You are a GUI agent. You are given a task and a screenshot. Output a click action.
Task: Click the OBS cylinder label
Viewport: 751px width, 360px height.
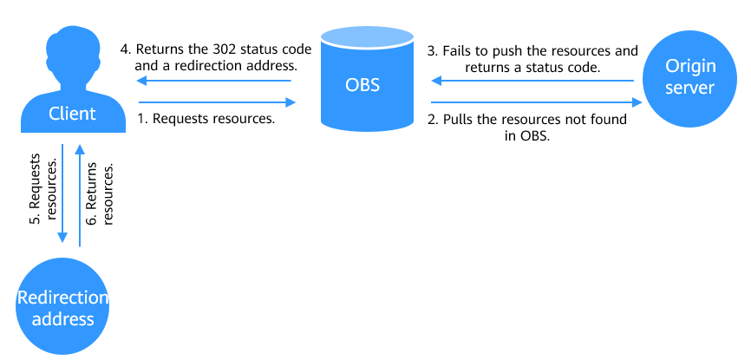(362, 85)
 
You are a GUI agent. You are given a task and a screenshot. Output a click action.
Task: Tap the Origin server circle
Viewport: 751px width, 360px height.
(689, 79)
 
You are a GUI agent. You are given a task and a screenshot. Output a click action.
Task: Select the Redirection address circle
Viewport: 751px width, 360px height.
(62, 306)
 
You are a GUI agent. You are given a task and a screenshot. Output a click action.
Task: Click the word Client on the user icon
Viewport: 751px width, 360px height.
(72, 114)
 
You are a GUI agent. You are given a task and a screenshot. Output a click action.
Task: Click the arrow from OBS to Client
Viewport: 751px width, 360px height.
(214, 81)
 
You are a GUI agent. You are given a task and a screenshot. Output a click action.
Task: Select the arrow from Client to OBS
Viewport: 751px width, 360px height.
(218, 102)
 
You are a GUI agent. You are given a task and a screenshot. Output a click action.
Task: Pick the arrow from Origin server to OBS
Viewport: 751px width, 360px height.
(533, 81)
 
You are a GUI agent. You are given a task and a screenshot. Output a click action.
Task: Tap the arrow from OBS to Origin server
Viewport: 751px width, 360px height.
(537, 102)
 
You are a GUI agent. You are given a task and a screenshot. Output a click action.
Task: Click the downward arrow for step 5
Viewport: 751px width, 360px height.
(62, 193)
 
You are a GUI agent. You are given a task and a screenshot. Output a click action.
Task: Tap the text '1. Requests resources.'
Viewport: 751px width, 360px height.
(206, 119)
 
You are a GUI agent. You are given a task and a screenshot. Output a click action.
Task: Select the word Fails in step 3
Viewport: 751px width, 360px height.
(455, 51)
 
